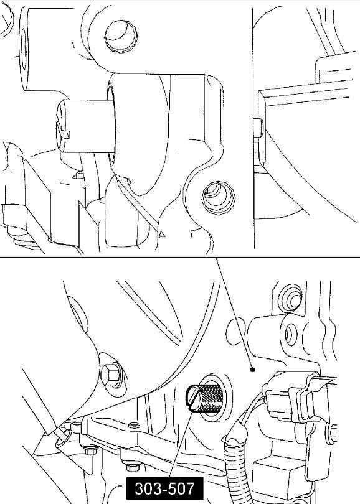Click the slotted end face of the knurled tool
pyautogui.click(x=195, y=399)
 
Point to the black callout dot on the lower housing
pyautogui.click(x=252, y=370)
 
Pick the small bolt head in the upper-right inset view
pyautogui.click(x=258, y=128)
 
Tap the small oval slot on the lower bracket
pyautogui.click(x=133, y=425)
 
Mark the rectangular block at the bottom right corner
pyautogui.click(x=283, y=479)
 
